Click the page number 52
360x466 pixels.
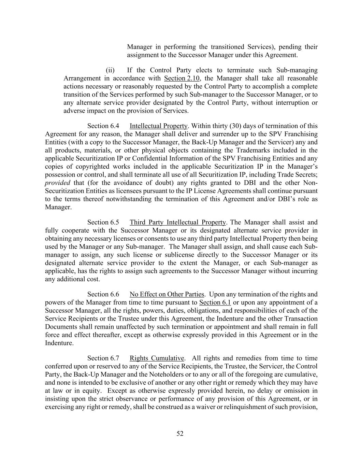click(180, 434)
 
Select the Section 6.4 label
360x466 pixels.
click(103, 126)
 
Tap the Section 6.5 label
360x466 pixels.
click(103, 223)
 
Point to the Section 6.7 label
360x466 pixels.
click(103, 358)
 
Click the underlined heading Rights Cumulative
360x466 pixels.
click(157, 358)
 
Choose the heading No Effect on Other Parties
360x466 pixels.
click(167, 294)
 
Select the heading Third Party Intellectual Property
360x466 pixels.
click(177, 223)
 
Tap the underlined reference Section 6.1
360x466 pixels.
click(215, 302)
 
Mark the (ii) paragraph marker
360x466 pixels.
click(110, 70)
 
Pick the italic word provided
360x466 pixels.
click(57, 183)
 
